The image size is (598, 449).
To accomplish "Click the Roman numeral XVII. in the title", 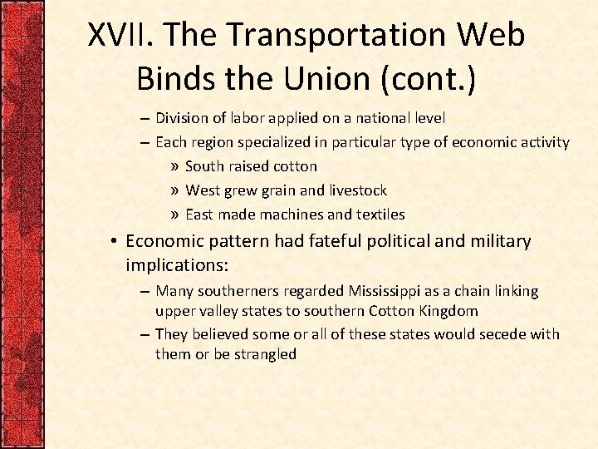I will (x=121, y=35).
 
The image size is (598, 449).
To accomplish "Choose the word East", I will (x=200, y=215).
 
